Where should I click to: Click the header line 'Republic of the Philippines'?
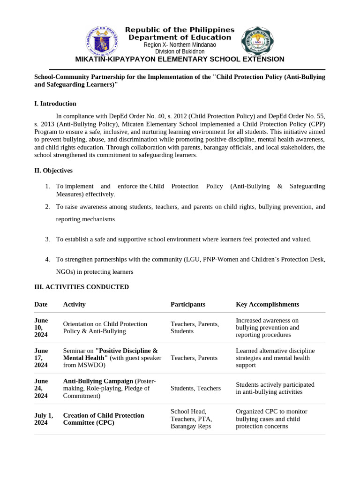pyautogui.click(x=180, y=30)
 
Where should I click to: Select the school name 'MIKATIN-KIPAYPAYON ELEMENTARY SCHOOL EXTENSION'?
pyautogui.click(x=180, y=59)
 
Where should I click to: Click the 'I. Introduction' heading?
pyautogui.click(x=55, y=104)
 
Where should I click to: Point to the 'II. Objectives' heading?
pyautogui.click(x=53, y=171)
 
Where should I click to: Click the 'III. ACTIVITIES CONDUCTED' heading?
pyautogui.click(x=82, y=287)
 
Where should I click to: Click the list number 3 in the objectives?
pyautogui.click(x=47, y=239)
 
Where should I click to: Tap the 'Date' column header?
pyautogui.click(x=41, y=304)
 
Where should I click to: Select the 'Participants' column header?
pyautogui.click(x=187, y=304)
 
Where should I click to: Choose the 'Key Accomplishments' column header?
pyautogui.click(x=267, y=304)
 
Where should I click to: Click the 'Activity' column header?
pyautogui.click(x=74, y=304)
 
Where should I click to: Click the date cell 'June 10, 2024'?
pyautogui.click(x=41, y=328)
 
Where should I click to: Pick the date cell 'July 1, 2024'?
pyautogui.click(x=44, y=419)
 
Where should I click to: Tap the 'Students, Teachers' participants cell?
pyautogui.click(x=195, y=388)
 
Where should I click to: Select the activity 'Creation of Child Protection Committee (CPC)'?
pyautogui.click(x=104, y=419)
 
